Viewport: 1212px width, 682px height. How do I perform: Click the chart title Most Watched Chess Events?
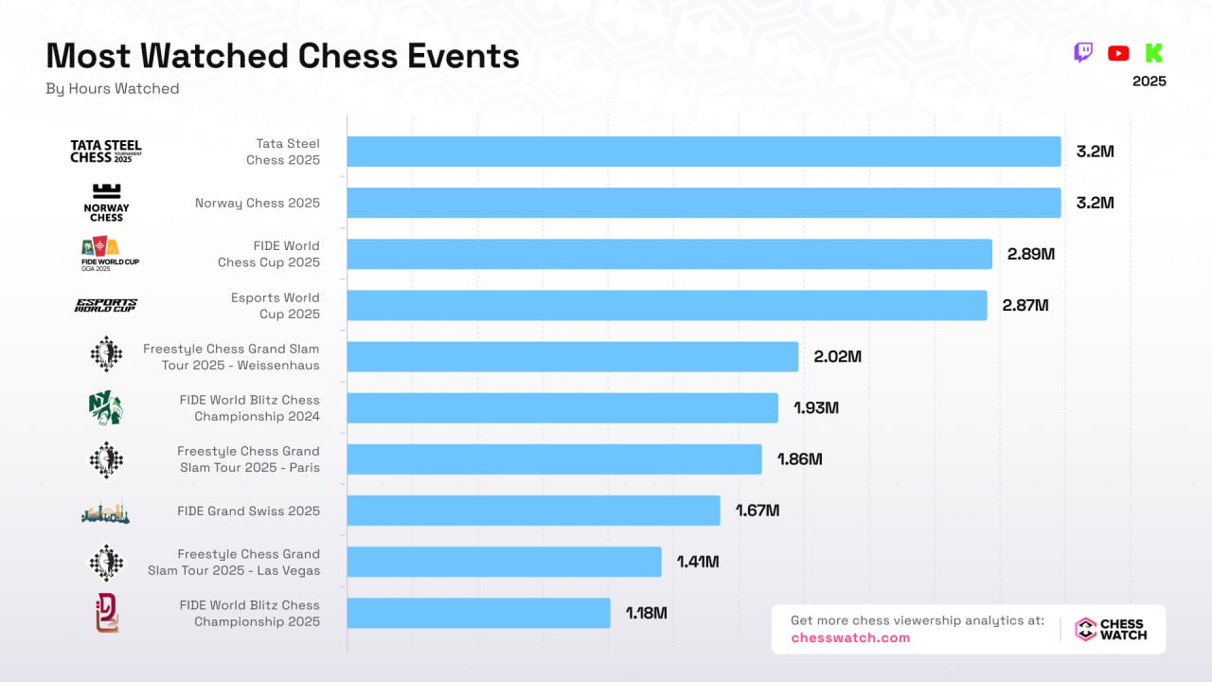282,56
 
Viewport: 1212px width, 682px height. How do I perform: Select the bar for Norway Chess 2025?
704,203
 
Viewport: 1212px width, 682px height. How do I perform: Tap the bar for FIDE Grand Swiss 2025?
533,511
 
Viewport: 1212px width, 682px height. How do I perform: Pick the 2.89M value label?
1030,254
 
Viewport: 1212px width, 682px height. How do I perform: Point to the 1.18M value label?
646,613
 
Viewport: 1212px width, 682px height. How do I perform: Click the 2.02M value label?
837,356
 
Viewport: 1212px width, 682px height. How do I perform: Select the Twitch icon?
1083,53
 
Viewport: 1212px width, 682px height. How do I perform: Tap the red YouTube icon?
1118,53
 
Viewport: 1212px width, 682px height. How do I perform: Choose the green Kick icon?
1153,53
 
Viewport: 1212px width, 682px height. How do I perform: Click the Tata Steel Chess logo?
106,152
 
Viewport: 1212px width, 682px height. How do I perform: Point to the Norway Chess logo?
106,203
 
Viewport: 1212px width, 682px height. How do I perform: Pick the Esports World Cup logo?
106,305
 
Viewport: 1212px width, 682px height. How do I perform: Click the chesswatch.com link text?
850,637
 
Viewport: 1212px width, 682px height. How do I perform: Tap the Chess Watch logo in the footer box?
1111,630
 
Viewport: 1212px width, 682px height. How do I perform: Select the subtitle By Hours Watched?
112,88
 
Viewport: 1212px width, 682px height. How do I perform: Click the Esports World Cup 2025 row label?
276,305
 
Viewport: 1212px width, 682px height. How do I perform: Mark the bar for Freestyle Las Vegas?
504,562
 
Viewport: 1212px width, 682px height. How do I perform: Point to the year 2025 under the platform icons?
1149,81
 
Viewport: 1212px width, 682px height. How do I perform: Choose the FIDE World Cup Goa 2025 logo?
106,254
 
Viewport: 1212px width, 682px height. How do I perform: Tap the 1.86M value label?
799,459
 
